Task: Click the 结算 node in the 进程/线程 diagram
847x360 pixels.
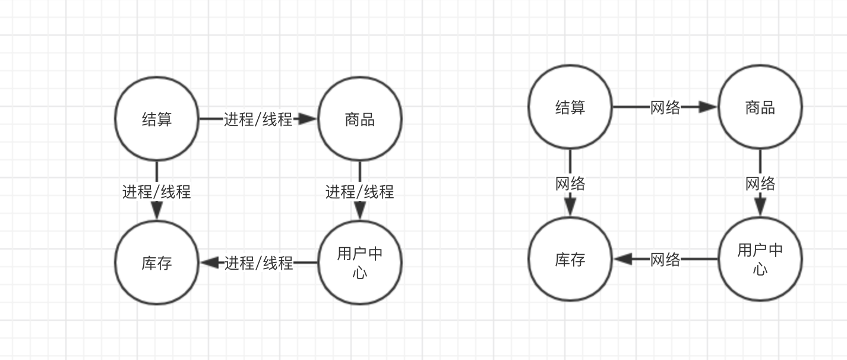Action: point(157,119)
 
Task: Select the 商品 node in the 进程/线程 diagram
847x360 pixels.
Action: point(360,119)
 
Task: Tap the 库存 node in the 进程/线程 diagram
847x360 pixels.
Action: point(157,263)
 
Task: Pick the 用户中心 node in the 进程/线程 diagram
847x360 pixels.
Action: point(360,263)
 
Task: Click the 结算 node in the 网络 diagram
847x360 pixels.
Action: point(570,108)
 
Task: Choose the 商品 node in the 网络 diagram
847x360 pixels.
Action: point(760,108)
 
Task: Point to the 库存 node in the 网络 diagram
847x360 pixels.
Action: point(570,260)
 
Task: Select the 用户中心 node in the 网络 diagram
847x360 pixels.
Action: point(760,260)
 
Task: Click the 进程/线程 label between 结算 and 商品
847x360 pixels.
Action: point(258,119)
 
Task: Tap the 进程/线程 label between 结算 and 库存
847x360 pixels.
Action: point(157,192)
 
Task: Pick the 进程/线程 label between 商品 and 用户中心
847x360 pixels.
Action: point(360,192)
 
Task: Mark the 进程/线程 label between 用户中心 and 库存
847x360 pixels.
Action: point(259,263)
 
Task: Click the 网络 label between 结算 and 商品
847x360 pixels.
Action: point(665,108)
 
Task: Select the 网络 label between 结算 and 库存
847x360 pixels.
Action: point(570,184)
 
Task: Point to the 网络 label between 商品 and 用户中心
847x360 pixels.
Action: point(760,184)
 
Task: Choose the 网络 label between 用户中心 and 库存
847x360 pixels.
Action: point(665,260)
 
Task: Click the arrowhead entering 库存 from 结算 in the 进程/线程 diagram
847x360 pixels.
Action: point(157,210)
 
